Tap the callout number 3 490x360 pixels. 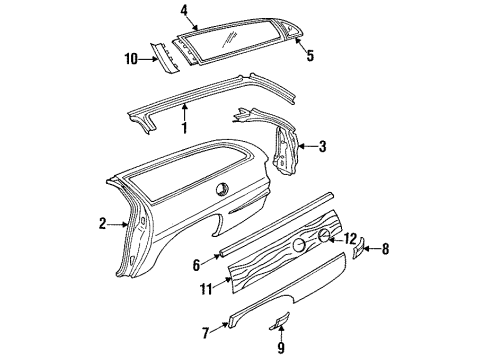[x=321, y=147]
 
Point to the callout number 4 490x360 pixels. [x=184, y=12]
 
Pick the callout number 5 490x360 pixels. [x=309, y=56]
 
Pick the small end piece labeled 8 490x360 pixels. [x=358, y=248]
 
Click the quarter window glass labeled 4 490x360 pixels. [x=225, y=40]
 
